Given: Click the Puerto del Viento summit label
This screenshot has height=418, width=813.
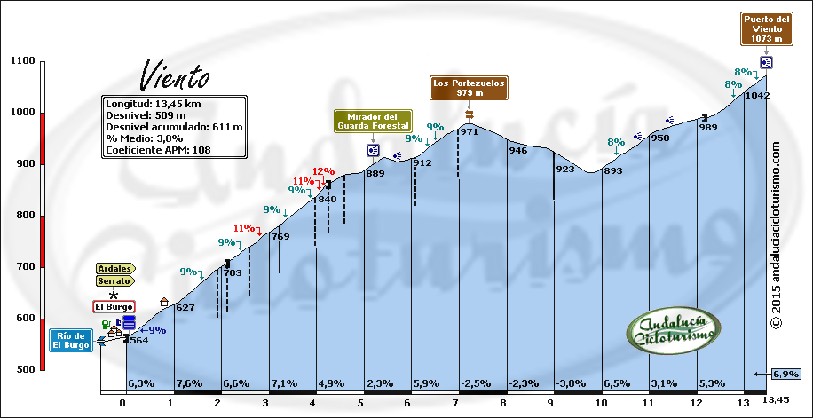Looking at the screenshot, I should tap(765, 28).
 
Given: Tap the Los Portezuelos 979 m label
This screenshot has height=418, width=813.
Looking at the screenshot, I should tap(469, 87).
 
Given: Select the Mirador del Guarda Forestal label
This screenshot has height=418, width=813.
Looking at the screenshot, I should tap(373, 121).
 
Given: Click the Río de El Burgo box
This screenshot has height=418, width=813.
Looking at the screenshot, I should tap(71, 341).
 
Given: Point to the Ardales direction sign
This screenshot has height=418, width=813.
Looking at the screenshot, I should tap(115, 268).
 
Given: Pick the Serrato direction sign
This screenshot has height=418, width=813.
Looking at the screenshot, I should tap(115, 280).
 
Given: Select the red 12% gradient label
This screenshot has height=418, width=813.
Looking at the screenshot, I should tap(323, 171).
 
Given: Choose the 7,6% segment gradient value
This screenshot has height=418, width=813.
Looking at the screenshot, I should tap(189, 383).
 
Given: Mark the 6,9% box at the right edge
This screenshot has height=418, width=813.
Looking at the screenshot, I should tap(785, 374).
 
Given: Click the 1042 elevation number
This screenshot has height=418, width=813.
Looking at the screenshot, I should tap(757, 95).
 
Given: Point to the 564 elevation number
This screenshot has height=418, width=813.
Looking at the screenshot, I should tap(138, 340).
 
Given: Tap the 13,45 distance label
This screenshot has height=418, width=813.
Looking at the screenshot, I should tap(778, 401).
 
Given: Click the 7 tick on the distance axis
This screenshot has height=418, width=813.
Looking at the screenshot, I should tap(455, 402).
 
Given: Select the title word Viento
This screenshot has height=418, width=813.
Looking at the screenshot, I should tap(175, 76).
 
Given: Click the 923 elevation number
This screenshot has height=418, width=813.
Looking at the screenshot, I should tap(565, 169).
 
